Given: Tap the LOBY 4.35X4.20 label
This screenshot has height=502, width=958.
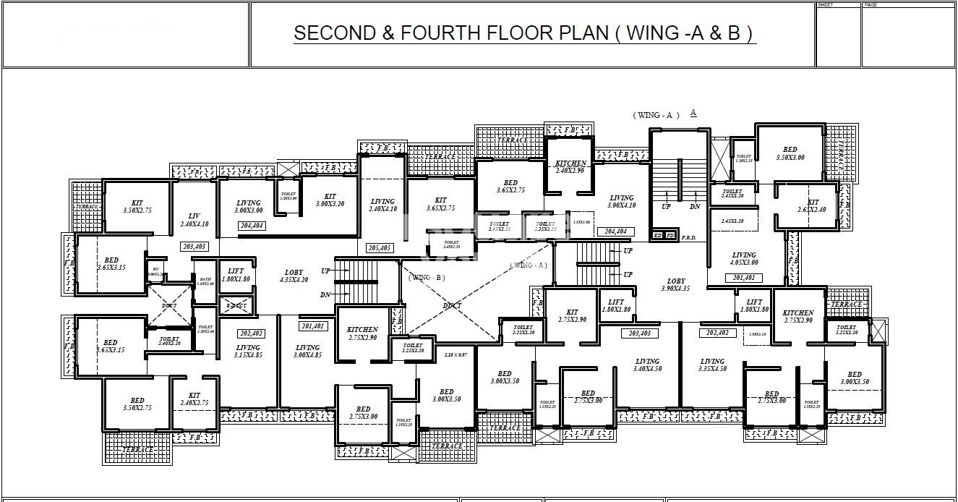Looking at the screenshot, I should [293, 276].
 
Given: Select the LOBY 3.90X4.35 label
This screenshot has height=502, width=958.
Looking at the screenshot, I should [675, 284].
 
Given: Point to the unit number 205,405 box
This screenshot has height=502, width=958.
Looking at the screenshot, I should [380, 248].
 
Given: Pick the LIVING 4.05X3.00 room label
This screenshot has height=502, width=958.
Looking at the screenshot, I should [743, 259].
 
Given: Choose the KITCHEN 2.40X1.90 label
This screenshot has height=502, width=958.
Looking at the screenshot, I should [570, 167].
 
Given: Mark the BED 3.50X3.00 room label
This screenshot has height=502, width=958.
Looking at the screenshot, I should [790, 153].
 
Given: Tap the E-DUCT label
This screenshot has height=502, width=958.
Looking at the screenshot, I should [236, 306].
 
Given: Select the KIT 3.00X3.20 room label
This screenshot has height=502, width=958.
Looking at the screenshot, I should [330, 200].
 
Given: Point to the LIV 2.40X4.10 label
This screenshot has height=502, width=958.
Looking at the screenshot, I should [194, 220].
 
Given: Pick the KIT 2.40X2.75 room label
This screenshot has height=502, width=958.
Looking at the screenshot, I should [194, 399].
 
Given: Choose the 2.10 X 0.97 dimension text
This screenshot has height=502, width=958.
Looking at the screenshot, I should [456, 354].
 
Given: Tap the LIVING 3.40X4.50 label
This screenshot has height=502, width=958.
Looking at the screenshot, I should [647, 365].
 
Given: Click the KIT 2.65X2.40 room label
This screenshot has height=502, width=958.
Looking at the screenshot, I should [813, 206].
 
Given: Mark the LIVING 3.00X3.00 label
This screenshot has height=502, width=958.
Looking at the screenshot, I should [248, 206].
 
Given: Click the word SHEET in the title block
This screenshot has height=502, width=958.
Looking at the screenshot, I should [825, 5].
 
